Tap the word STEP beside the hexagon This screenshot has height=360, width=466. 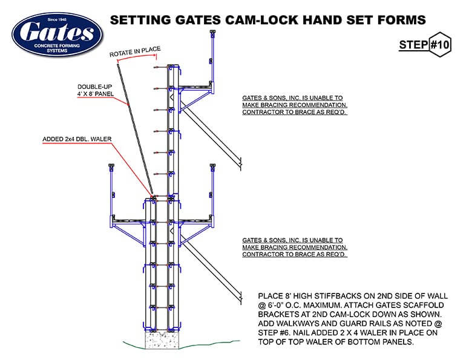(412, 45)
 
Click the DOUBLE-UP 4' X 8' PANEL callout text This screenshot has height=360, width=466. (96, 90)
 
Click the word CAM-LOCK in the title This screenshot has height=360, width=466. (261, 19)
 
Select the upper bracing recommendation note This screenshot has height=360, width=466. (294, 105)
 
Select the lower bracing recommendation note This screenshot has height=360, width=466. (294, 247)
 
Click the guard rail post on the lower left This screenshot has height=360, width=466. (112, 188)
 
